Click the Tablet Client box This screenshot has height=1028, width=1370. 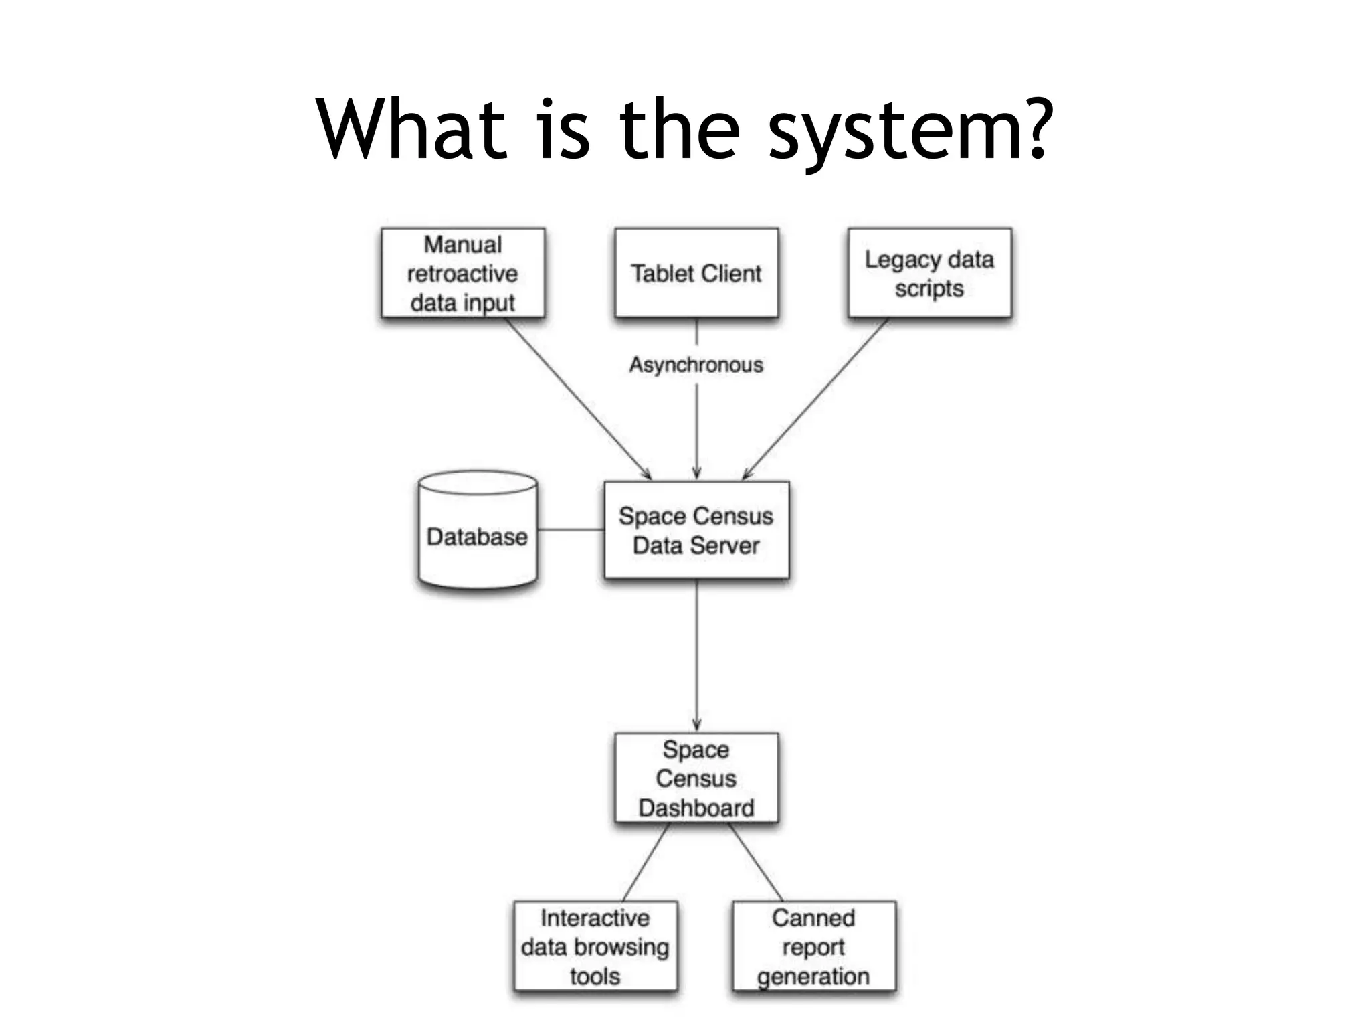coord(696,273)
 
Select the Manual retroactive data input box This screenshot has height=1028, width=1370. coord(463,273)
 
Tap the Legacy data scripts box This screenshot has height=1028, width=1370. coord(929,273)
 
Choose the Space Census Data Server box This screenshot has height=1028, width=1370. coord(696,530)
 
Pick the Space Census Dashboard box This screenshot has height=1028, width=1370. coord(696,778)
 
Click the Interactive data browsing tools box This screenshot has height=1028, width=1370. coord(595,946)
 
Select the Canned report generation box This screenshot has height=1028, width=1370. coord(813,946)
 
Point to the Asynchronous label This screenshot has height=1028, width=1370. coord(696,365)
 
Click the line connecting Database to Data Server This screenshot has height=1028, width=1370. coord(571,530)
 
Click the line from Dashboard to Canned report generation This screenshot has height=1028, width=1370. coord(756,862)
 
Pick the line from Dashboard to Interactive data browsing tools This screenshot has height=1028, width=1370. coord(646,862)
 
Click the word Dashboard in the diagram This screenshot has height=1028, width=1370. coord(696,807)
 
